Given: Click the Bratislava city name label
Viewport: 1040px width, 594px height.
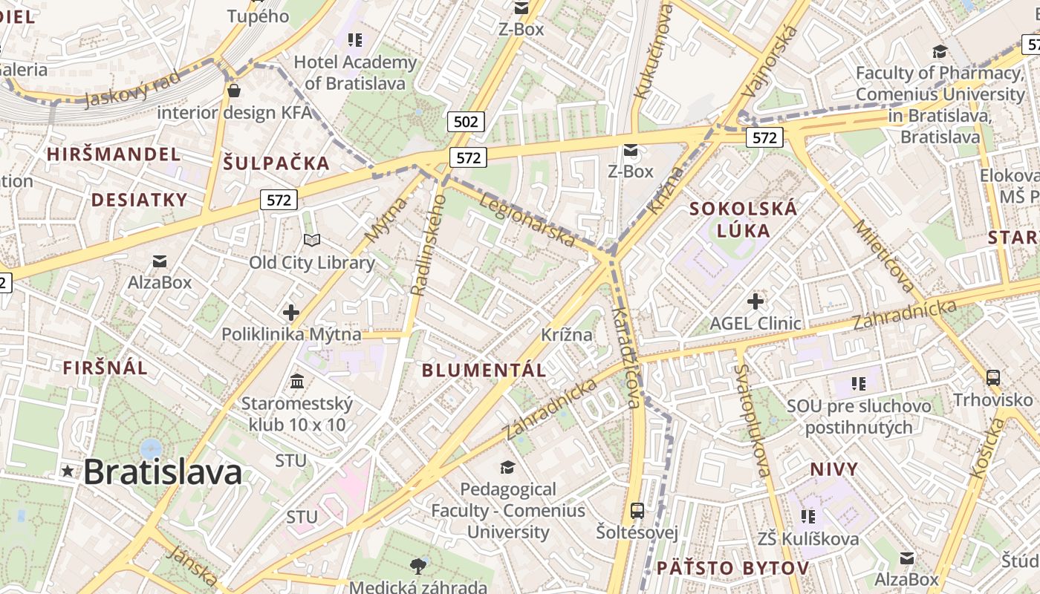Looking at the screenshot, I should click(x=163, y=472).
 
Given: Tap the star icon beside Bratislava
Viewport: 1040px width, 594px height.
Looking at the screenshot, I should click(x=68, y=471).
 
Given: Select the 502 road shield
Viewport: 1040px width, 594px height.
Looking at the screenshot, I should click(x=466, y=121).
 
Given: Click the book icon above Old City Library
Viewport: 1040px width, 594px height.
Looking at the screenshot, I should click(x=312, y=240).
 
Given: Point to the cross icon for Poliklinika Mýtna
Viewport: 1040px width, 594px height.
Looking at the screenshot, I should click(x=291, y=313).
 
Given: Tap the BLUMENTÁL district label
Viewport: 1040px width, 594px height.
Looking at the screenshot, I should click(x=484, y=370).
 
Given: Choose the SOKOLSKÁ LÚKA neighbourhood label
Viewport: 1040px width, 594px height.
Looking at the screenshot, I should click(x=744, y=219).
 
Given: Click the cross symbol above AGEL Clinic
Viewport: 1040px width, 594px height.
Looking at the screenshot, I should click(x=755, y=301).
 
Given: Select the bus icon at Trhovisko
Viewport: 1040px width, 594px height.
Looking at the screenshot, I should click(x=993, y=377).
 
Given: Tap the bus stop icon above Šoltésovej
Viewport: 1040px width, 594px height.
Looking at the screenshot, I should click(x=637, y=510).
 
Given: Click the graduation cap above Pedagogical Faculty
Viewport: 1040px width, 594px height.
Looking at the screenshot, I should click(x=507, y=467).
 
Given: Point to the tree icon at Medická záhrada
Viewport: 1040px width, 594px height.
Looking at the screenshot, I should click(x=418, y=567).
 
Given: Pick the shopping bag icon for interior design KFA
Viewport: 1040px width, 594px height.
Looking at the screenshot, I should click(x=234, y=91).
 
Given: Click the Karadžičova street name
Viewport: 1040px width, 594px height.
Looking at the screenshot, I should click(x=625, y=356).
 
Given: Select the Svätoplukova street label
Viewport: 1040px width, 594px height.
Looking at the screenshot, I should click(x=752, y=420).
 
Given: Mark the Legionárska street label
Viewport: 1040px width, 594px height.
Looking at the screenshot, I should click(x=528, y=221).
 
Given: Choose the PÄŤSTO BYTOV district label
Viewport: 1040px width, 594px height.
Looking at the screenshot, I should click(x=732, y=569).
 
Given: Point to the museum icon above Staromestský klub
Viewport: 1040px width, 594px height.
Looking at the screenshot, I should click(x=297, y=382).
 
